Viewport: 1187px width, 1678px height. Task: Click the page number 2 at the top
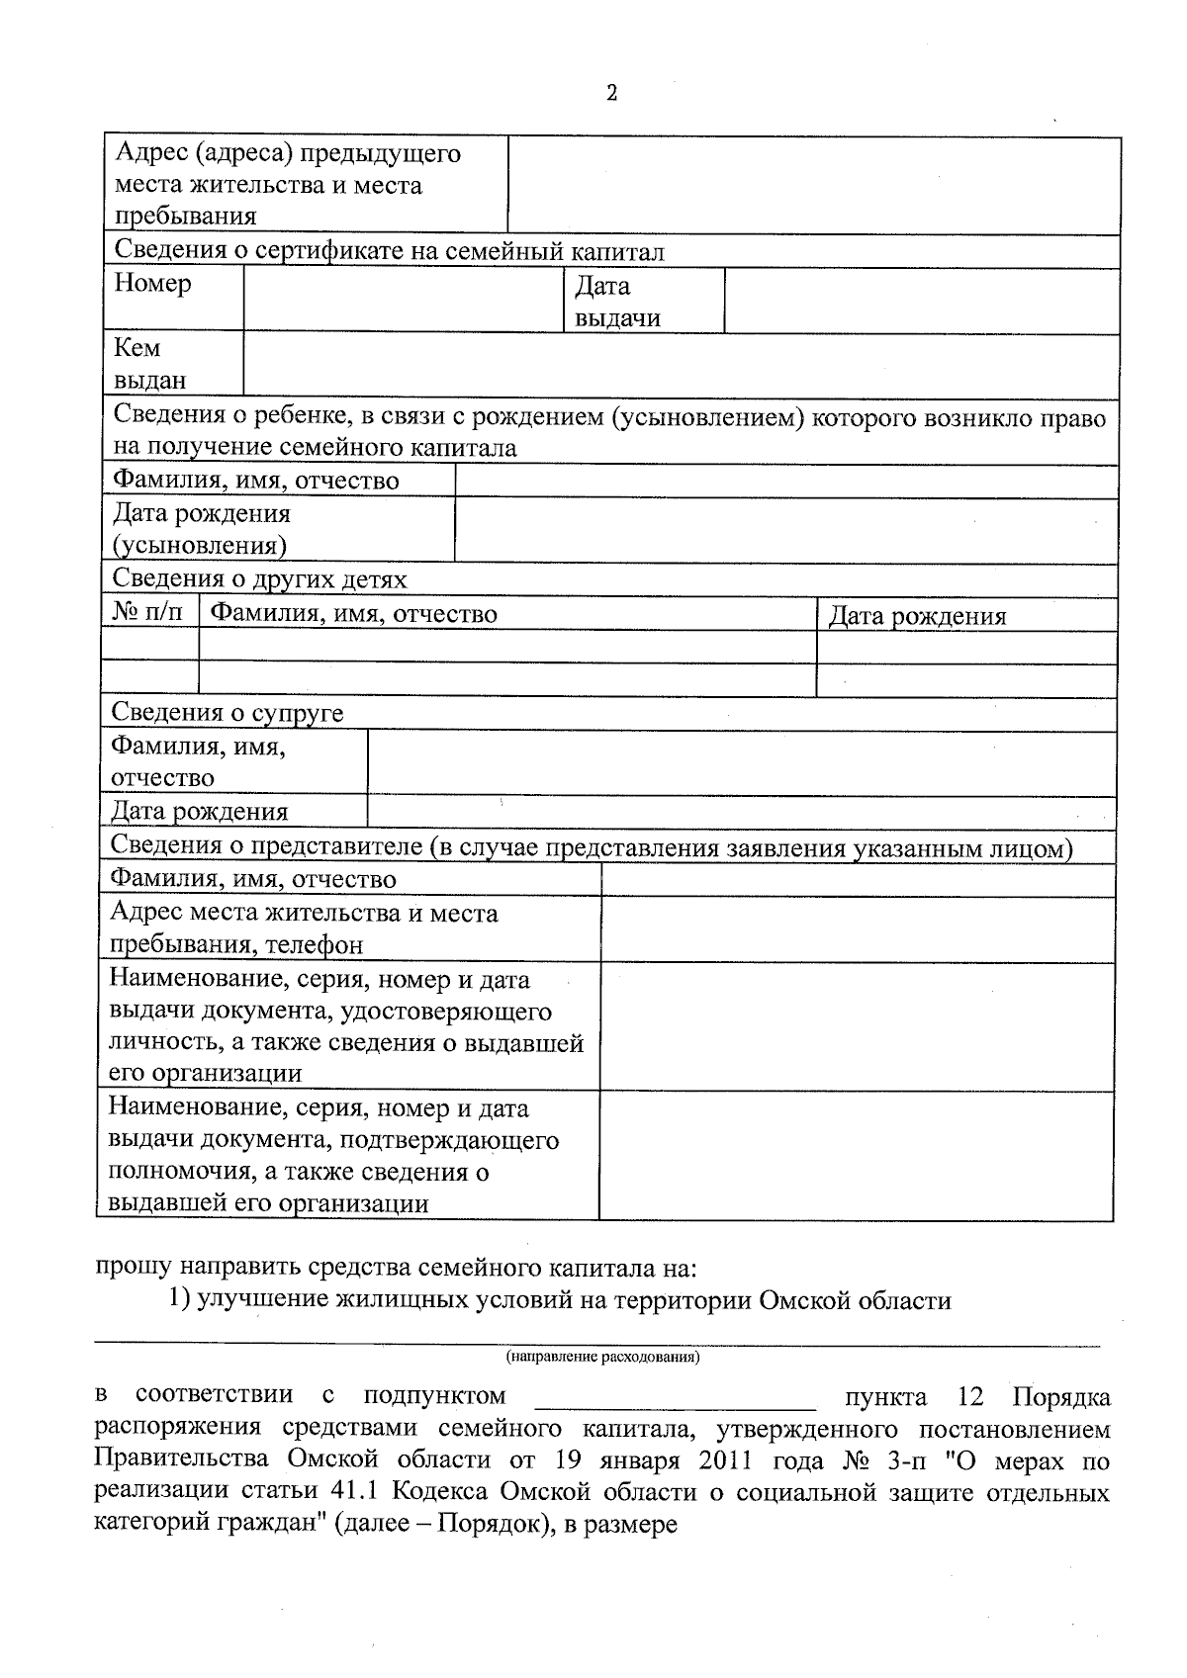611,94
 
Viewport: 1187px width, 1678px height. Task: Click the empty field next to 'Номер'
403,300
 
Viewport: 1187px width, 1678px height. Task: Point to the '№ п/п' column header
148,613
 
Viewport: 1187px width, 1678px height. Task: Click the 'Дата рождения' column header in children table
917,617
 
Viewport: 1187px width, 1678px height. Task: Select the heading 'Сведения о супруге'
228,713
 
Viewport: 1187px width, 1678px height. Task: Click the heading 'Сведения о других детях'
259,579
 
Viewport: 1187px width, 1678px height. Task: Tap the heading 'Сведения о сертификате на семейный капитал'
390,251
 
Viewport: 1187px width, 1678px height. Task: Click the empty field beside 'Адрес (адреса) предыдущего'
813,186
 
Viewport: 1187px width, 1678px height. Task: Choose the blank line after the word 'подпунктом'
675,1398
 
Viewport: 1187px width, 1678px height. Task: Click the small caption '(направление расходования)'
602,1358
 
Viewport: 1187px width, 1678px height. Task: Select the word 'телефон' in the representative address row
314,945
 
